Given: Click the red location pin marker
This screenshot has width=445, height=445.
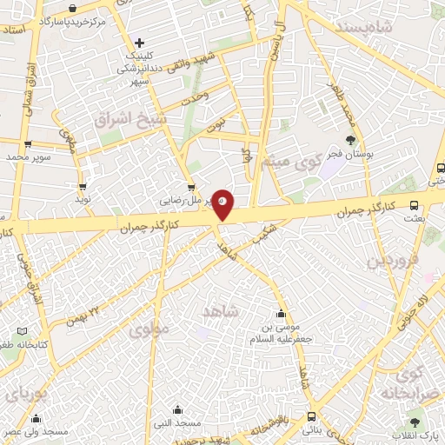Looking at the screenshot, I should (x=222, y=203).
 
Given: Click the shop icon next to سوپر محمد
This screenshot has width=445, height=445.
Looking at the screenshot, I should (x=29, y=144).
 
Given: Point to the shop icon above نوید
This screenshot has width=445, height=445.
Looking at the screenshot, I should (x=83, y=184).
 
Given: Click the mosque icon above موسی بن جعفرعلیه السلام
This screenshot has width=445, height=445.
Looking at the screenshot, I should (x=280, y=315).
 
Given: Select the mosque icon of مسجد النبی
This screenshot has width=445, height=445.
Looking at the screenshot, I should (x=177, y=410).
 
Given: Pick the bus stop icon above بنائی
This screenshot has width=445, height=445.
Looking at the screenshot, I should (x=310, y=416).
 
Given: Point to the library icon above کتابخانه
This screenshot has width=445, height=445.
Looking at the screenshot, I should (x=22, y=331).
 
